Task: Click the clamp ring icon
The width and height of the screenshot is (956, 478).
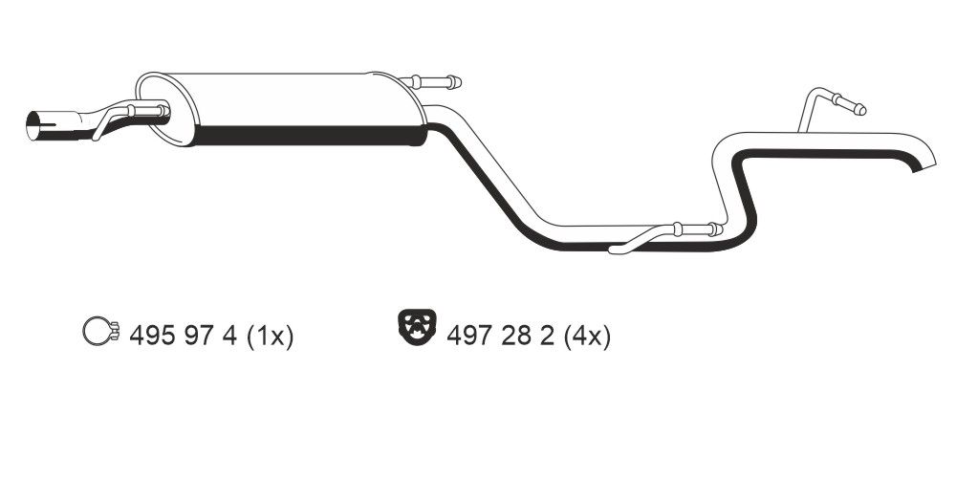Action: point(97,333)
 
